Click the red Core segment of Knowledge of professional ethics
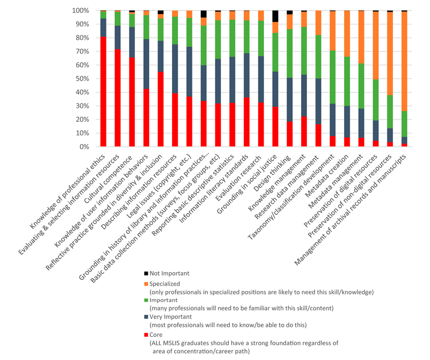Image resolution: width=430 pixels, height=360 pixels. (103, 91)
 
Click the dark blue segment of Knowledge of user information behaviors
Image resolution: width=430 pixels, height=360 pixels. (146, 64)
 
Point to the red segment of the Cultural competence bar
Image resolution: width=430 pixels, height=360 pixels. (132, 102)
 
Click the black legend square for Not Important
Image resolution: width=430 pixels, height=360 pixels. (146, 274)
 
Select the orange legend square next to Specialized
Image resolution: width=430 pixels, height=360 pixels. (146, 283)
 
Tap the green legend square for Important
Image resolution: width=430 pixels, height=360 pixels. (146, 300)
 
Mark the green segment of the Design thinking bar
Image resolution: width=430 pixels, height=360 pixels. (290, 54)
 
